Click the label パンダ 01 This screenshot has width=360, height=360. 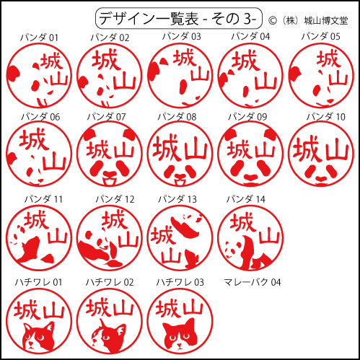pyautogui.click(x=39, y=38)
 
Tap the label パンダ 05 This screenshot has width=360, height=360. pyautogui.click(x=321, y=37)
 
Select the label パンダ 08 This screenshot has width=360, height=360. pyautogui.click(x=177, y=117)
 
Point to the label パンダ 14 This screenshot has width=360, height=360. pyautogui.click(x=246, y=199)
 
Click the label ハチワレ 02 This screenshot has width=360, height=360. pyautogui.click(x=110, y=282)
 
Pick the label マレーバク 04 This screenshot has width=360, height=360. pyautogui.click(x=253, y=282)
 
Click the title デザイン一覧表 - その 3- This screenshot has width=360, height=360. pyautogui.click(x=178, y=19)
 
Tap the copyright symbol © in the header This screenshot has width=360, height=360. pyautogui.click(x=273, y=21)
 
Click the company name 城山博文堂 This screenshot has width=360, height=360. pyautogui.click(x=326, y=21)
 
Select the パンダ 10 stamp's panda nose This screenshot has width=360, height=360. pyautogui.click(x=321, y=178)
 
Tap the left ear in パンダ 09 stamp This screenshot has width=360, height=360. pyautogui.click(x=230, y=133)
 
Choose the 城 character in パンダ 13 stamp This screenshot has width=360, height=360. pyautogui.click(x=162, y=236)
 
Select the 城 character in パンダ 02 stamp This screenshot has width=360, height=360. pyautogui.click(x=105, y=60)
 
